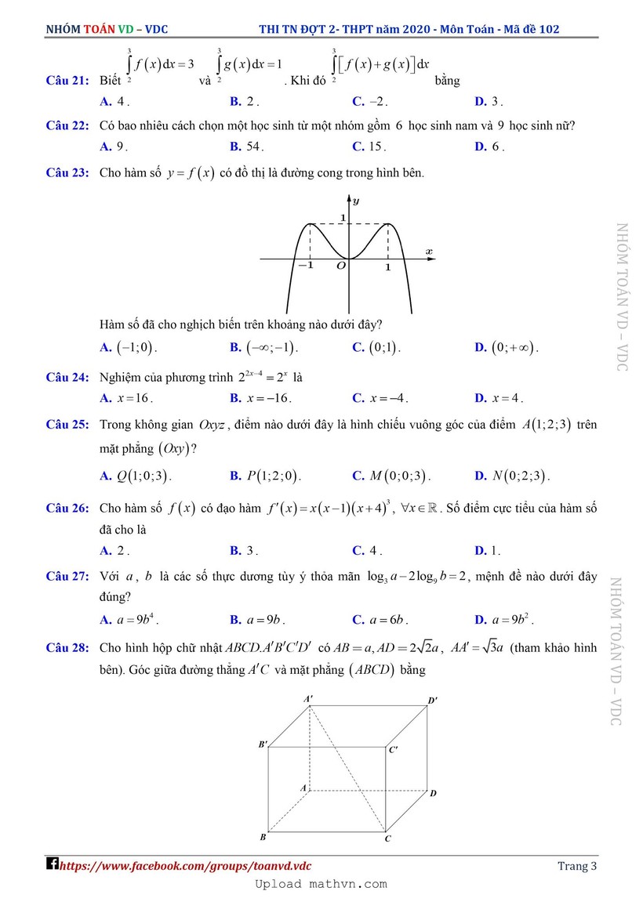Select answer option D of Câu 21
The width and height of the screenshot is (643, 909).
click(489, 102)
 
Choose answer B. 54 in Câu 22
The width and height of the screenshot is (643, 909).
click(247, 147)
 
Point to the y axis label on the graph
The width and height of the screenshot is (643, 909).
click(356, 201)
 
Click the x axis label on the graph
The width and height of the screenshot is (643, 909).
click(429, 251)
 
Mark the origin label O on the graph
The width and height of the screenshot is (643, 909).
click(341, 266)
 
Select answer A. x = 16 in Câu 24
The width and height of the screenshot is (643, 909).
click(125, 398)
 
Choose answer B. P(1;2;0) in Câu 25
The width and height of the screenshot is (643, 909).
click(266, 476)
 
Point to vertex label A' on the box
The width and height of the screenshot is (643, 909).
click(309, 697)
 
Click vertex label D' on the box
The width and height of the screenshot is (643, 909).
click(432, 700)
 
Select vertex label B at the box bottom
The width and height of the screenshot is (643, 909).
click(263, 837)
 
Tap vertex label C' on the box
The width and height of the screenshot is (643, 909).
click(393, 749)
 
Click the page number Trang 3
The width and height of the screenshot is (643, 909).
click(577, 866)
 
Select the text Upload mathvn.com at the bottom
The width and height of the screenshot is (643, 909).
click(321, 884)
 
